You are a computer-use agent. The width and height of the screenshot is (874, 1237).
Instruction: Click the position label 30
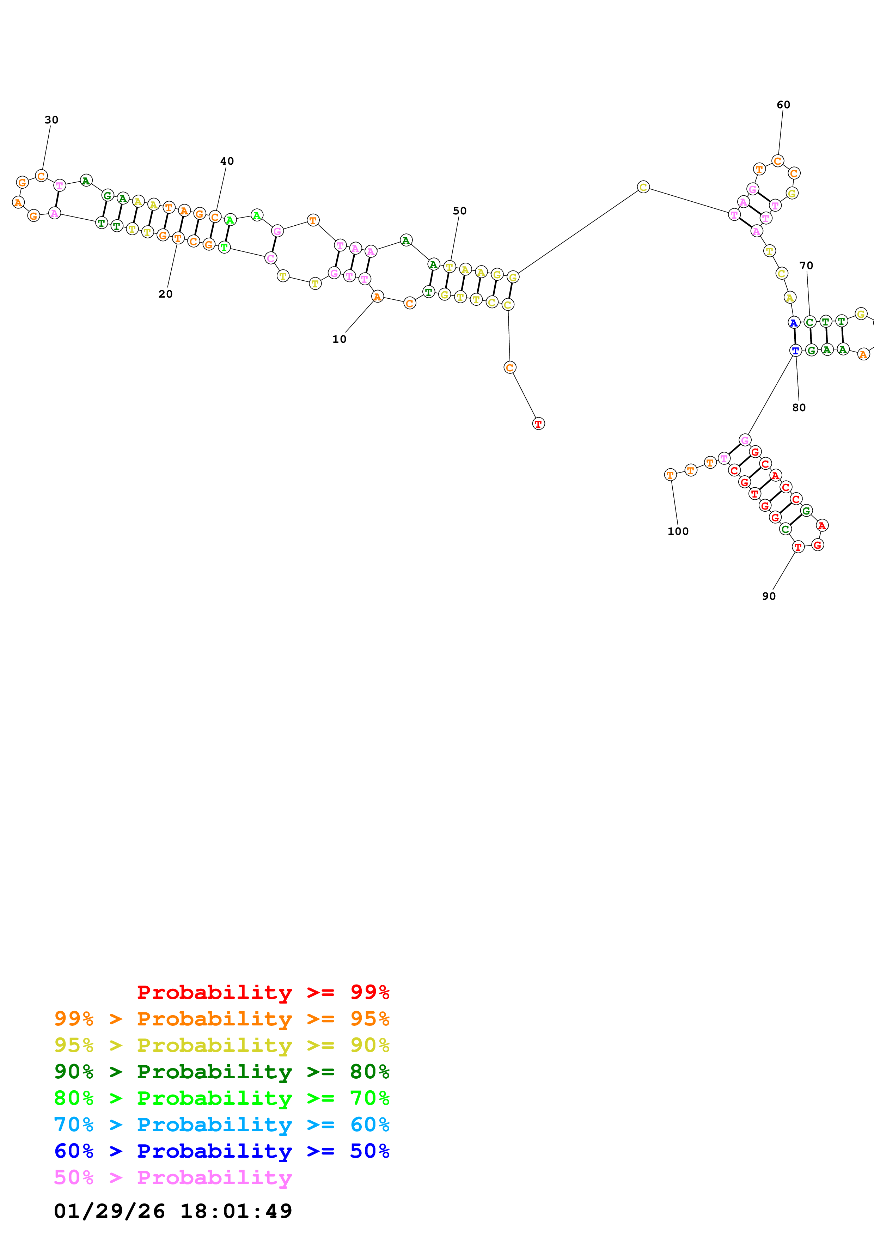point(51,120)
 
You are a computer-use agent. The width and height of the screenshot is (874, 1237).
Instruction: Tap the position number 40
point(227,161)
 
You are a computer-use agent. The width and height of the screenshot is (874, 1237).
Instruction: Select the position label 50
point(459,211)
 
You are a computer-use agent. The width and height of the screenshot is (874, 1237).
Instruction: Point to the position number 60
point(783,104)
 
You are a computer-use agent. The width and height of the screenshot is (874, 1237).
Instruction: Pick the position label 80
point(799,407)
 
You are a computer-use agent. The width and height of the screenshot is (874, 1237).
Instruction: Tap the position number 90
point(769,596)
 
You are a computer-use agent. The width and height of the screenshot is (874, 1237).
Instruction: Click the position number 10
point(339,339)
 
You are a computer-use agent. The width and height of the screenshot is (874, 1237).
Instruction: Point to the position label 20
point(165,294)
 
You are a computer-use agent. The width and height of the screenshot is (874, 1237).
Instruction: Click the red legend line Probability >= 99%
point(263,992)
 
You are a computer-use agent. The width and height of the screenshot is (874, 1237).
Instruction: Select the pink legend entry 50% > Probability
point(173,1177)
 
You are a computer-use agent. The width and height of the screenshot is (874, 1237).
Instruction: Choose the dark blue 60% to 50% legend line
point(221,1151)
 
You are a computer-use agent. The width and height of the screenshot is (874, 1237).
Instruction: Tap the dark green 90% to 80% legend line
point(221,1072)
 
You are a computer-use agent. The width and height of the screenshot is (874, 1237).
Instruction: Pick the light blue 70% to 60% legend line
point(221,1125)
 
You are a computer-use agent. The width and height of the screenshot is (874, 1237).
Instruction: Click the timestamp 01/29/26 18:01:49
point(173,1211)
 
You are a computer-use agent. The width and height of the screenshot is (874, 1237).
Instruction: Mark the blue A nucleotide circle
point(793,323)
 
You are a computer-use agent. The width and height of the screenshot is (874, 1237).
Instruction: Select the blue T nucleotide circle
point(795,350)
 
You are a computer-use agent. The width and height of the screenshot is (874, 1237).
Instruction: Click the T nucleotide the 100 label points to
point(670,475)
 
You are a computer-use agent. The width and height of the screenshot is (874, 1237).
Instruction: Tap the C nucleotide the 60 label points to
point(777,160)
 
